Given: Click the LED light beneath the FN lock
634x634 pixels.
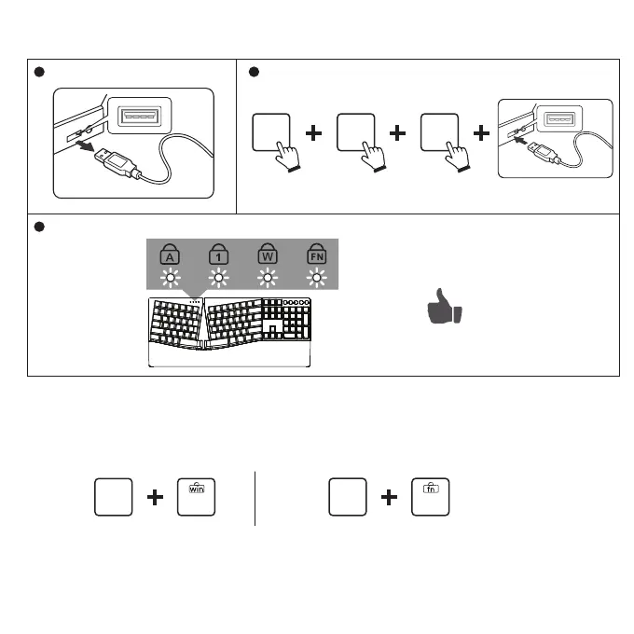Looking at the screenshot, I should (318, 278).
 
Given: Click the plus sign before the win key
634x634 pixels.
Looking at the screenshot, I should (156, 499).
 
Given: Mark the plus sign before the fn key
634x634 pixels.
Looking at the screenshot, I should (389, 499).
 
